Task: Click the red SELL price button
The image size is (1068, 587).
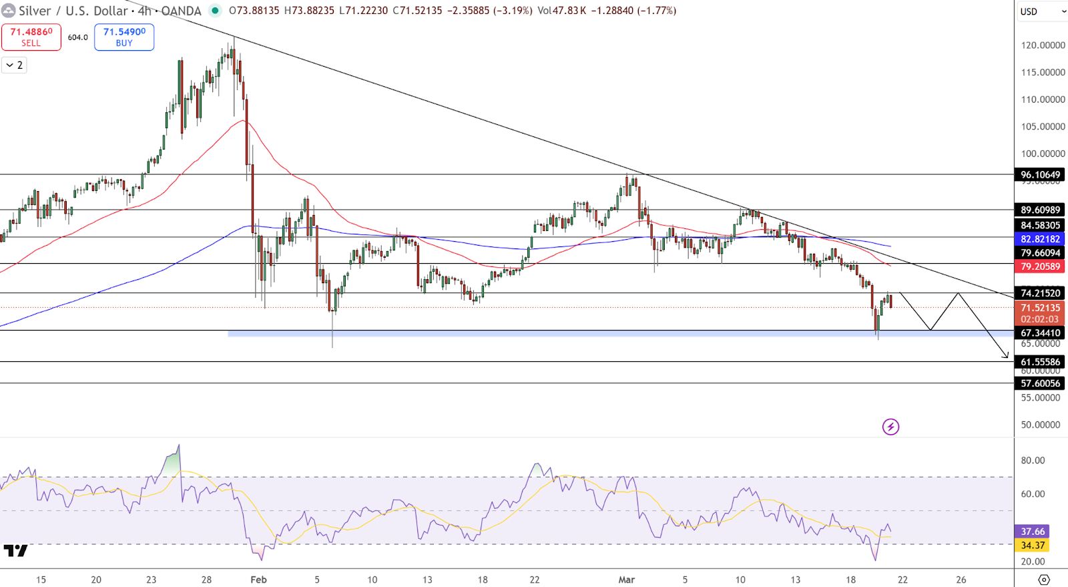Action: click(31, 37)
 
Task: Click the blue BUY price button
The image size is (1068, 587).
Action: click(124, 37)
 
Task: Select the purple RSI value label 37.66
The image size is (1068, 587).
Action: click(1033, 532)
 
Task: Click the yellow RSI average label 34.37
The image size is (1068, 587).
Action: click(1033, 546)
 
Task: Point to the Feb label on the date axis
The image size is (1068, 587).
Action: click(258, 580)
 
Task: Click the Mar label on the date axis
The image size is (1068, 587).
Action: click(626, 580)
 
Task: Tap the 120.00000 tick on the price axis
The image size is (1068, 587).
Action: click(1043, 45)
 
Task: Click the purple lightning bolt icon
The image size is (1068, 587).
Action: click(890, 427)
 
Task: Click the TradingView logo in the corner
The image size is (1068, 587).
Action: click(15, 551)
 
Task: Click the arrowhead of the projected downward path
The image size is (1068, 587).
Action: click(1006, 357)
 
